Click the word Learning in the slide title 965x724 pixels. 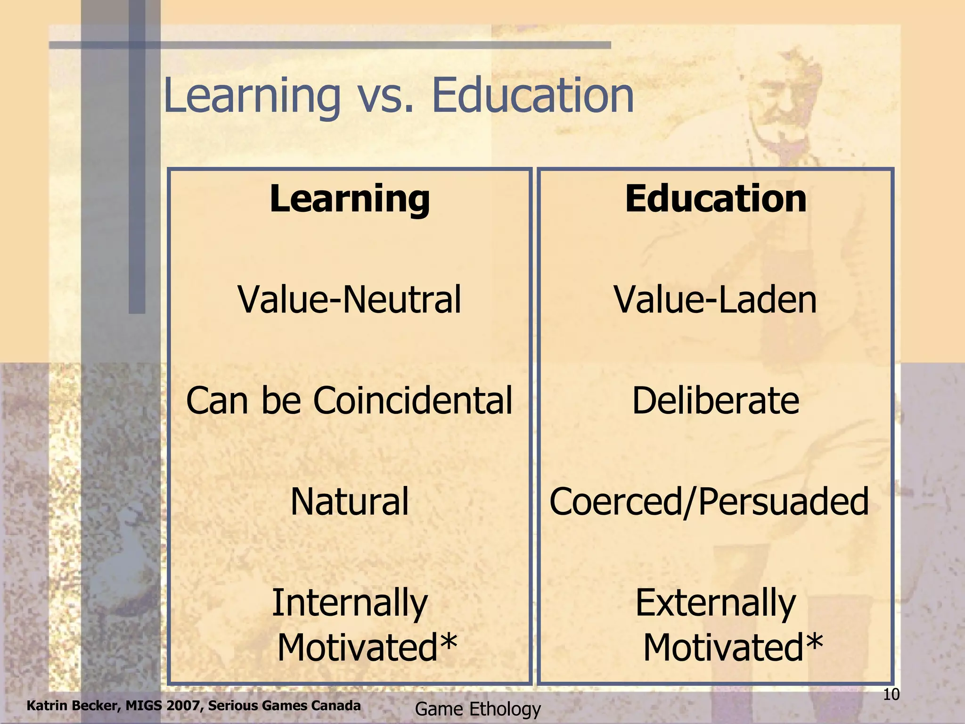click(252, 97)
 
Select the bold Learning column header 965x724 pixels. click(350, 199)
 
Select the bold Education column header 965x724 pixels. click(715, 199)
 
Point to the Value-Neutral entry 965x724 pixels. click(349, 300)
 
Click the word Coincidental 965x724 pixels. click(412, 401)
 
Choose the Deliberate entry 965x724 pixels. click(715, 401)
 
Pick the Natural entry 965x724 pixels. click(349, 502)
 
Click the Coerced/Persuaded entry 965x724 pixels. click(709, 502)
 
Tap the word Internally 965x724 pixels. click(350, 603)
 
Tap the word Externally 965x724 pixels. click(715, 603)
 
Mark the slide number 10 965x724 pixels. click(891, 694)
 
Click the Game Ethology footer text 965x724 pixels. click(478, 709)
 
